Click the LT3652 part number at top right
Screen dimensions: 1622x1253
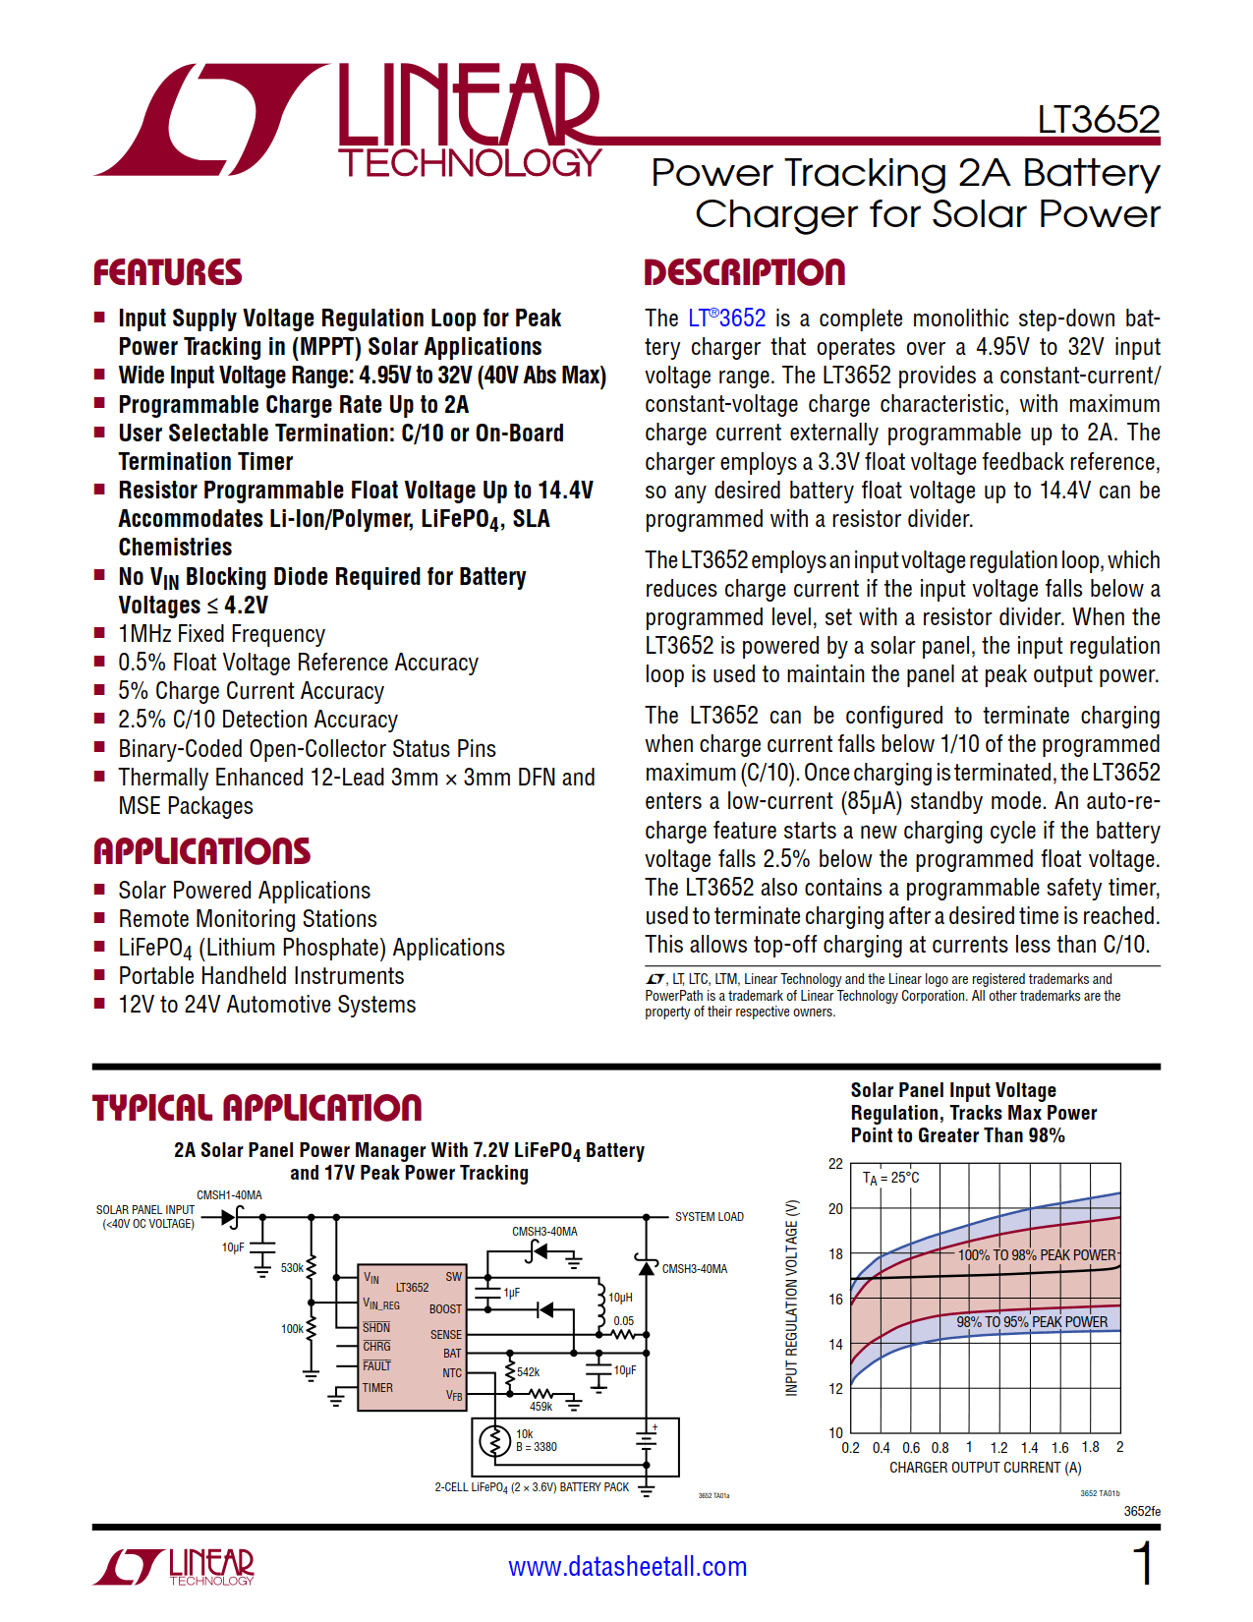click(1099, 120)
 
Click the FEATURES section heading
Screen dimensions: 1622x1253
click(167, 272)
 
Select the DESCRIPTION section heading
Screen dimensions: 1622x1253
click(744, 272)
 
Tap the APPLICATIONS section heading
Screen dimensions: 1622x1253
click(201, 851)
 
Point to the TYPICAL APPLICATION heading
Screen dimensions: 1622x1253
click(256, 1108)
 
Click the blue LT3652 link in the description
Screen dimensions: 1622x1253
click(726, 319)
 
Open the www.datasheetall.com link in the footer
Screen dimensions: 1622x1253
click(627, 1567)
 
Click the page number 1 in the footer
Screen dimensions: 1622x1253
click(1143, 1563)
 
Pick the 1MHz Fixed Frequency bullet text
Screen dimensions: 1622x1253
click(221, 634)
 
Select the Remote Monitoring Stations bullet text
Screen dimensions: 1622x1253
click(248, 919)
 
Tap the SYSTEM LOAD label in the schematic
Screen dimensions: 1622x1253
click(709, 1217)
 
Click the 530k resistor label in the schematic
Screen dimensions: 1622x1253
click(292, 1268)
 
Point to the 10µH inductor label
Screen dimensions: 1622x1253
click(620, 1298)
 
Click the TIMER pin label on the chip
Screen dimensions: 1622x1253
click(377, 1388)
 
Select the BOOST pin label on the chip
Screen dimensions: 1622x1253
click(445, 1309)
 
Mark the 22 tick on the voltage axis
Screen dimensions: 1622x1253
click(835, 1164)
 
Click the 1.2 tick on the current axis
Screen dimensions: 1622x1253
click(998, 1448)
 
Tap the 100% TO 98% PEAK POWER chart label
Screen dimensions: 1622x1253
click(1037, 1255)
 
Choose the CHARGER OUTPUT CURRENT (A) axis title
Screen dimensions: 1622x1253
click(985, 1468)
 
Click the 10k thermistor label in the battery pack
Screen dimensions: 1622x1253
click(525, 1434)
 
